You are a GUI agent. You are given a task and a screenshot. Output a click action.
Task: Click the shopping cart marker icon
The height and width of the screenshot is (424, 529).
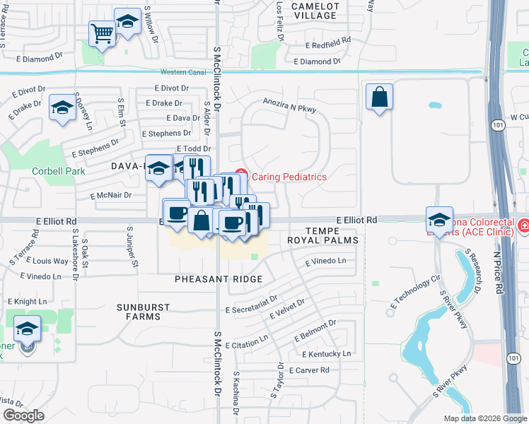pos(102,33)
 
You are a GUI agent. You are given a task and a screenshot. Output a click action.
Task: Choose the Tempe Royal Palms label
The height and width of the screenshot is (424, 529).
pos(322,235)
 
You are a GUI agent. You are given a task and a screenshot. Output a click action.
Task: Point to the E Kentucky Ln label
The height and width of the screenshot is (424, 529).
pos(326,353)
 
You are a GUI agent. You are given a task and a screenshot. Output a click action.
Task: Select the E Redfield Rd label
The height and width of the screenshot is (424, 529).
pos(328,45)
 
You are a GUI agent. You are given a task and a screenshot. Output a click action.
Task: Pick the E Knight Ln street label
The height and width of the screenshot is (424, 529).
pos(30,302)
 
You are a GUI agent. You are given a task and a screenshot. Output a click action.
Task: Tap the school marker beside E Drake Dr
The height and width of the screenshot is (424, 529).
pos(62,109)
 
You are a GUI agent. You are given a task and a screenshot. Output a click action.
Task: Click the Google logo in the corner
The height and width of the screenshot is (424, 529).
pos(23,416)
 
